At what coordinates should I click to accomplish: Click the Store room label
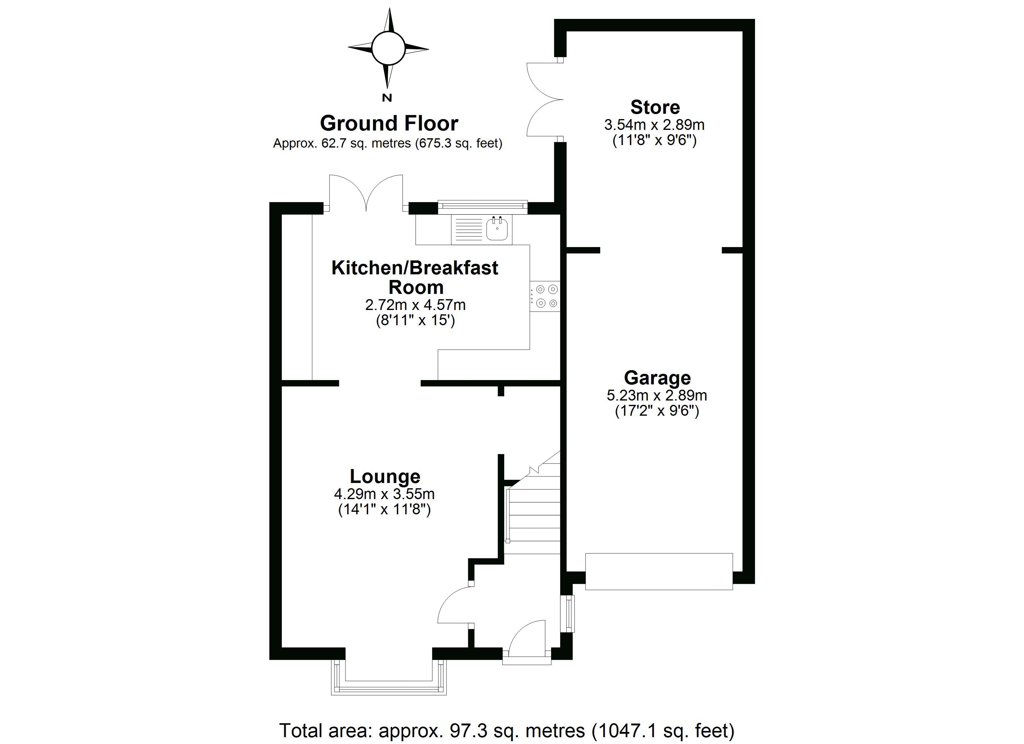point(655,107)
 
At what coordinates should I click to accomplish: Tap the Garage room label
point(657,378)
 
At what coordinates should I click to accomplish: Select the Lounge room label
point(385,476)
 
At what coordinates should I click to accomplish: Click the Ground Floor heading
point(389,123)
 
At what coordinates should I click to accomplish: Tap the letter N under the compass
point(387,97)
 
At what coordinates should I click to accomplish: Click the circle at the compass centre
point(388,48)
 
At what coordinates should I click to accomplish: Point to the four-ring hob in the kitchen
point(546,296)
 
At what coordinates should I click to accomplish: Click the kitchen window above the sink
point(482,206)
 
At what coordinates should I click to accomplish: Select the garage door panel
point(659,571)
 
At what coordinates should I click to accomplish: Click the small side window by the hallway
point(570,613)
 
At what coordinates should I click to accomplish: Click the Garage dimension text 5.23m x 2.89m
point(657,396)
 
